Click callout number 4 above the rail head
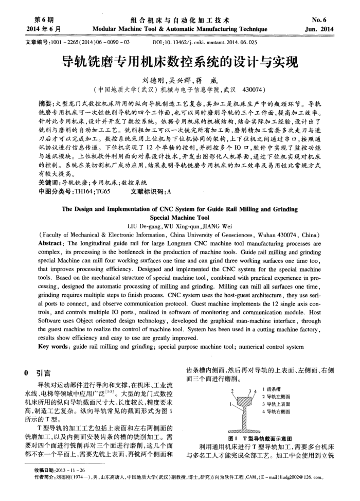point(255,393)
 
